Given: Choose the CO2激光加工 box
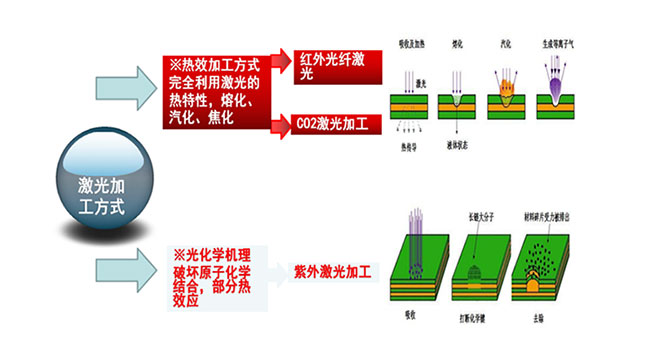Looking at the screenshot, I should coord(335,125).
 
